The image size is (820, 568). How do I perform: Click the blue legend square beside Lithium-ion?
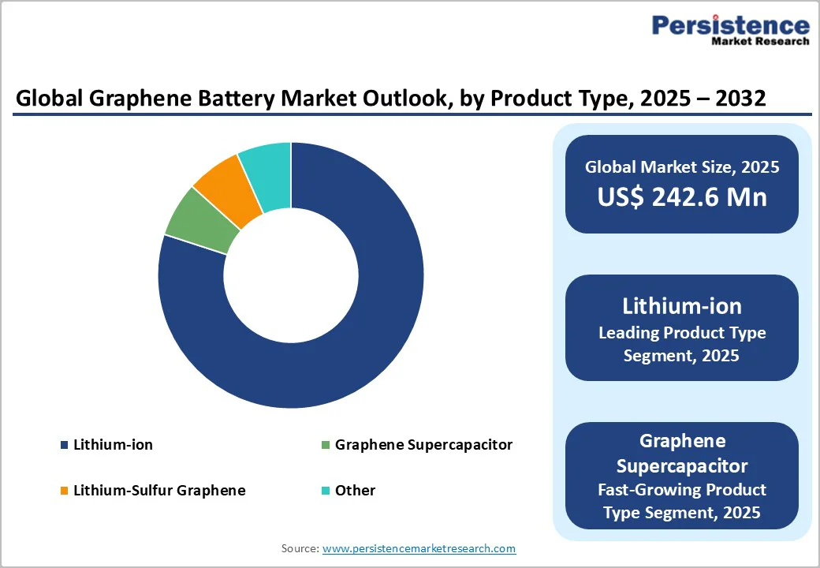point(64,446)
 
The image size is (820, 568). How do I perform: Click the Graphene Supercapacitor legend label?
point(423,445)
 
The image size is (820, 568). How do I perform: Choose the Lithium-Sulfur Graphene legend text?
point(159,491)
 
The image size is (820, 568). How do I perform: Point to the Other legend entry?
point(355,491)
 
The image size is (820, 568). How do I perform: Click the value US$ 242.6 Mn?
point(681,196)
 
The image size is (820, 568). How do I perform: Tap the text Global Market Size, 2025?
point(681,167)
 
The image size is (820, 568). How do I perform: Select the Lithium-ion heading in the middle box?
point(681,305)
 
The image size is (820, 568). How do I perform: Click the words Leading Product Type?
point(681,333)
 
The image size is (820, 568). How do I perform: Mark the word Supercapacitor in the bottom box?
point(681,465)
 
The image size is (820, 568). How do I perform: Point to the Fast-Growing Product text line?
point(681,489)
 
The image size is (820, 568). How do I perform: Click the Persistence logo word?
point(730,25)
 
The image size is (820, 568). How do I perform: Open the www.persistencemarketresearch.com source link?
point(419,548)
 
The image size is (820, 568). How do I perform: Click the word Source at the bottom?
point(299,548)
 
